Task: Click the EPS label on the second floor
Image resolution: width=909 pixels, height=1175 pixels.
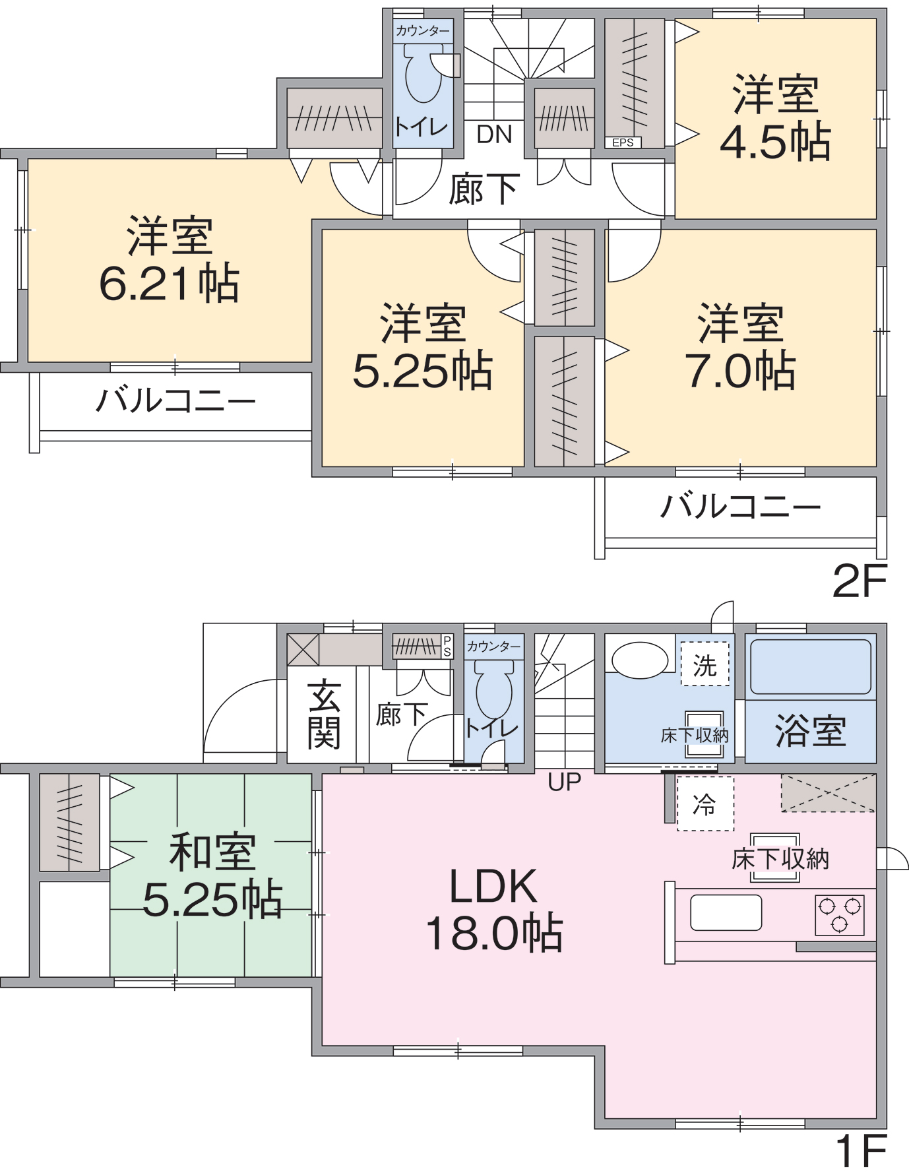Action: [x=623, y=143]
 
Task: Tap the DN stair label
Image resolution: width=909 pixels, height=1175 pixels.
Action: [x=495, y=135]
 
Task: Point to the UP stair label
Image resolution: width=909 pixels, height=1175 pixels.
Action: [x=565, y=782]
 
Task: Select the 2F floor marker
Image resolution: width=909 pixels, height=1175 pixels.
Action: [x=860, y=581]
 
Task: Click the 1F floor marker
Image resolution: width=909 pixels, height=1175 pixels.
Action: [x=861, y=1152]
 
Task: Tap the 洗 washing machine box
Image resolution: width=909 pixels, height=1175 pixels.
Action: [x=705, y=664]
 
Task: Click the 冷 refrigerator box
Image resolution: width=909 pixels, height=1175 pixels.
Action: [x=705, y=804]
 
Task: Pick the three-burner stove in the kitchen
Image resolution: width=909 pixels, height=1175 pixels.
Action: [x=839, y=914]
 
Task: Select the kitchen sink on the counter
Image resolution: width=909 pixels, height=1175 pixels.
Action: [x=726, y=912]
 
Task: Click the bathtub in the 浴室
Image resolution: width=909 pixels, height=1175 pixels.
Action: [x=811, y=666]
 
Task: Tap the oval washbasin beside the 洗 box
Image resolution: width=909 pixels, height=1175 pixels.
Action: [x=640, y=660]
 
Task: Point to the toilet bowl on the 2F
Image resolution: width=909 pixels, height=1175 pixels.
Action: [x=423, y=76]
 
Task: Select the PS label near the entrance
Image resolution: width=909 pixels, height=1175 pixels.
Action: [x=447, y=647]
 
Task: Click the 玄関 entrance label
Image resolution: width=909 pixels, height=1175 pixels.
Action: [x=324, y=715]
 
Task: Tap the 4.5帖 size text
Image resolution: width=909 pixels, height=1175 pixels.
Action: [x=776, y=142]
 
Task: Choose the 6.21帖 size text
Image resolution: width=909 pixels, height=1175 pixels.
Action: [x=170, y=284]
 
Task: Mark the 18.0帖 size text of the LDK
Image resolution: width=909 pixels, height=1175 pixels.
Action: [x=494, y=933]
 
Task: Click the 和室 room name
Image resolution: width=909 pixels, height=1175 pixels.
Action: [x=212, y=852]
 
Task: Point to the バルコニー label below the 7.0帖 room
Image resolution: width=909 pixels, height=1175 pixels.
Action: [x=740, y=507]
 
